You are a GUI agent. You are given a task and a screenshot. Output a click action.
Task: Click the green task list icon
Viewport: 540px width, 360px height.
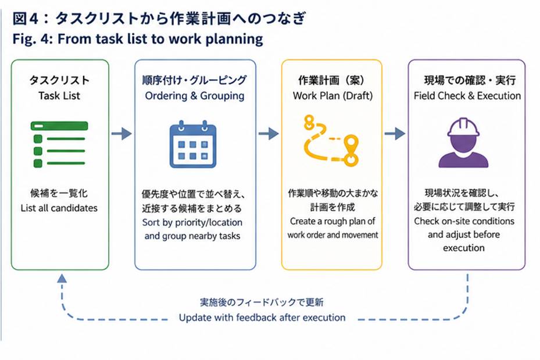[59, 145]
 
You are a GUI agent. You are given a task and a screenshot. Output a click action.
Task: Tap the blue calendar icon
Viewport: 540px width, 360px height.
[193, 144]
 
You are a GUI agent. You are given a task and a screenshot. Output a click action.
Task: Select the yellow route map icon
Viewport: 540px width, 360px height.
[331, 141]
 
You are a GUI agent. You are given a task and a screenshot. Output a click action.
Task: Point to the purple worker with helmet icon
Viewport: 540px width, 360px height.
[463, 142]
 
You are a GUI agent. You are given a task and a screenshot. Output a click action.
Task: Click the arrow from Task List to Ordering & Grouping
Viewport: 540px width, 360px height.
[121, 133]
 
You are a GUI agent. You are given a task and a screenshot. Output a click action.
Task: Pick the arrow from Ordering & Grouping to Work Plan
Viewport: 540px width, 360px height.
[269, 133]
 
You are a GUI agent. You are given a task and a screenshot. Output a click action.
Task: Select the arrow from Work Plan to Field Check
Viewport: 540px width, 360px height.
[395, 133]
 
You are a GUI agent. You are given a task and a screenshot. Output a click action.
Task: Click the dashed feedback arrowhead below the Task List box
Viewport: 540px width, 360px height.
[62, 278]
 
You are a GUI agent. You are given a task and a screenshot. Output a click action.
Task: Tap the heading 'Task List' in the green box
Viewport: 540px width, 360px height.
[59, 95]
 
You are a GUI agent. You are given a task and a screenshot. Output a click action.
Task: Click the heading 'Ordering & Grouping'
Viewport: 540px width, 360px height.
[195, 96]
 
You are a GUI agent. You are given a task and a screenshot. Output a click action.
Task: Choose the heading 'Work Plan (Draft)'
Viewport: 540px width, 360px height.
[332, 95]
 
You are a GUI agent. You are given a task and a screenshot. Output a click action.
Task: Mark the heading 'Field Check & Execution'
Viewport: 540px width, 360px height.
[467, 95]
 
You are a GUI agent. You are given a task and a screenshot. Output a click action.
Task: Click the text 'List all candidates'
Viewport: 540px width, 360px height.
[59, 208]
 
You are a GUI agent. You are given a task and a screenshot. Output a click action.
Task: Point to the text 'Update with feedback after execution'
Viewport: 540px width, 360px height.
[262, 318]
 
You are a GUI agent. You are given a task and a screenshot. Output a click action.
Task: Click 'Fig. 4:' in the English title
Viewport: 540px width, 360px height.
[33, 39]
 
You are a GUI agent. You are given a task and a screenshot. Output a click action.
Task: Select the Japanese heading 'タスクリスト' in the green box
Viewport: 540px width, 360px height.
[59, 80]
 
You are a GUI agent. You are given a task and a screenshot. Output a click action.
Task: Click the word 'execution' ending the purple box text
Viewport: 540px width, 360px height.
[463, 248]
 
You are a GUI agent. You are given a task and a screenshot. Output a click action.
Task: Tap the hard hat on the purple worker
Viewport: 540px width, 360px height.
[463, 127]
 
